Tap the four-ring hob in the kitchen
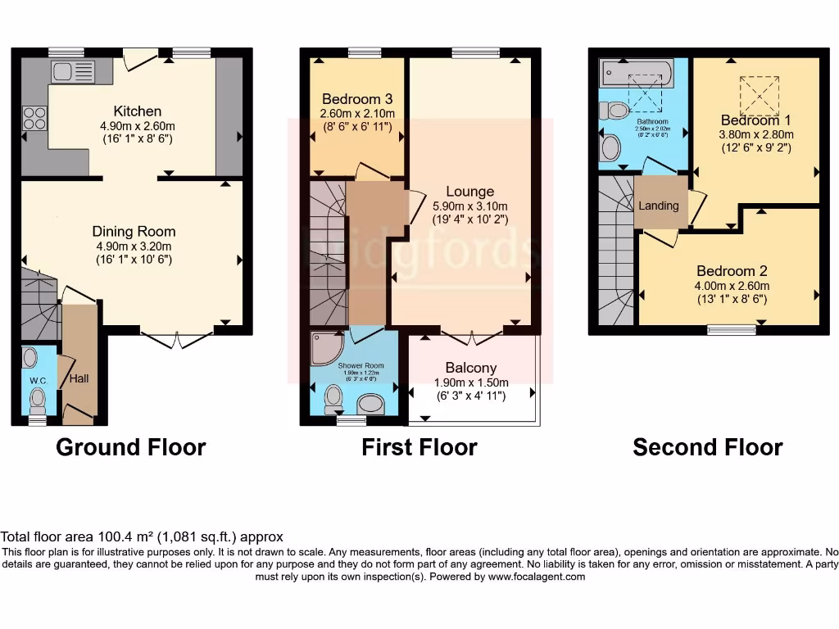tap(35, 119)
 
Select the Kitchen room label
tap(137, 111)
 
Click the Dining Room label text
tap(134, 232)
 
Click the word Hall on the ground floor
tap(79, 378)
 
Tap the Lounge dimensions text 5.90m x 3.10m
tap(469, 206)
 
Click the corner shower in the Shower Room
tap(326, 348)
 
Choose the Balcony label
tap(470, 368)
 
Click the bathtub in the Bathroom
tap(636, 76)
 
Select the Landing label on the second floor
tap(659, 206)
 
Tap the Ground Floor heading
tap(130, 447)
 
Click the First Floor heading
tap(419, 447)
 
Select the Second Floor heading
tap(707, 447)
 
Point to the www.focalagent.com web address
tap(536, 577)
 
